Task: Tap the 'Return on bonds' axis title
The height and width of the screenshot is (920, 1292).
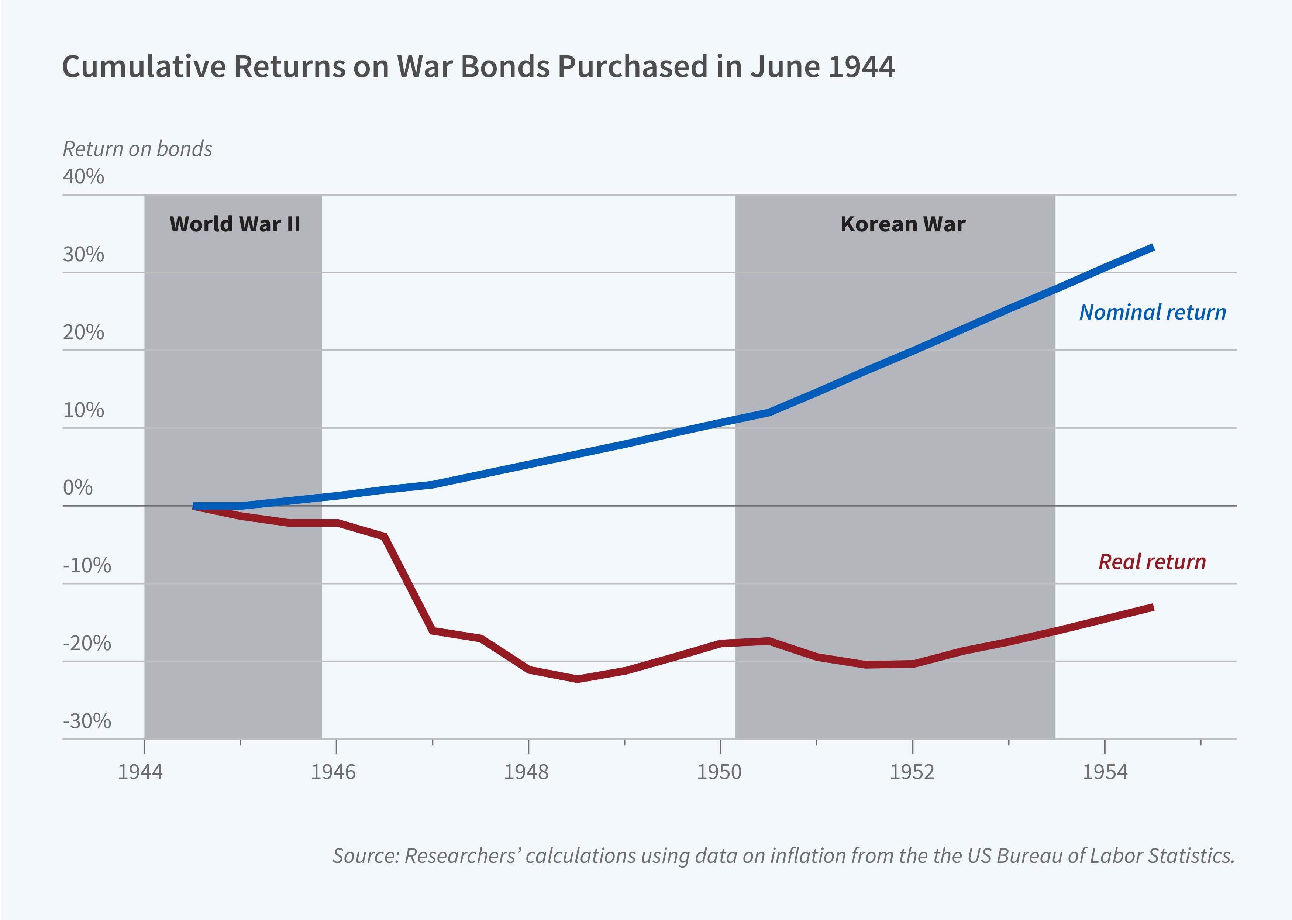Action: click(137, 149)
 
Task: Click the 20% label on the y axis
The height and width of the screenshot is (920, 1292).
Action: click(83, 332)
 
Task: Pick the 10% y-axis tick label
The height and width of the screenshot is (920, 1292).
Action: click(83, 410)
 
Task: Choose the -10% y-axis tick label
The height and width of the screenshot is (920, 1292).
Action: click(87, 565)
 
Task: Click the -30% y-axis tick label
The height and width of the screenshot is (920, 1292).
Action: click(87, 721)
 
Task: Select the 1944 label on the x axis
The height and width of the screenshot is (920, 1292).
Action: click(140, 772)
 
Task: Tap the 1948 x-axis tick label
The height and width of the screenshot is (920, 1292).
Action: click(526, 772)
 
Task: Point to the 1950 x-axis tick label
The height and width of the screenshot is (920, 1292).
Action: click(719, 772)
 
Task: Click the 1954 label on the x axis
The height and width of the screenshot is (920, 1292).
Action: click(1105, 772)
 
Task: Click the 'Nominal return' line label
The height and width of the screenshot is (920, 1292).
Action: click(1152, 312)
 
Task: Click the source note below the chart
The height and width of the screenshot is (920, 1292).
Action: click(783, 855)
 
